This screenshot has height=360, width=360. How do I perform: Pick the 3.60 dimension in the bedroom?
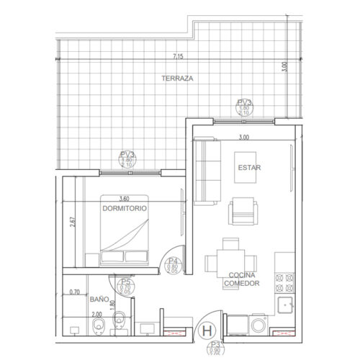124,199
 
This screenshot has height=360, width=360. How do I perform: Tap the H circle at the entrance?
207,332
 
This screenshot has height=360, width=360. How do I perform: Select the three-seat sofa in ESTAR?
210,171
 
